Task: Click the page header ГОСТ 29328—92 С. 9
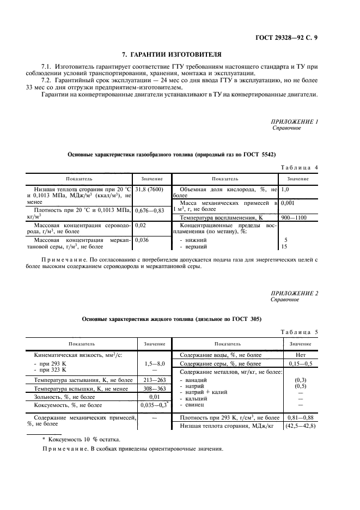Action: (292, 38)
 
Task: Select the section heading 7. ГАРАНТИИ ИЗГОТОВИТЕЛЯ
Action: (171, 55)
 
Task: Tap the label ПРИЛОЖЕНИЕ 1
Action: (294, 121)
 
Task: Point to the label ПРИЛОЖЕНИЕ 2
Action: (294, 293)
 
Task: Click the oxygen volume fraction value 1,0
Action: (284, 189)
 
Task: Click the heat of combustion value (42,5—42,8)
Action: (300, 425)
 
